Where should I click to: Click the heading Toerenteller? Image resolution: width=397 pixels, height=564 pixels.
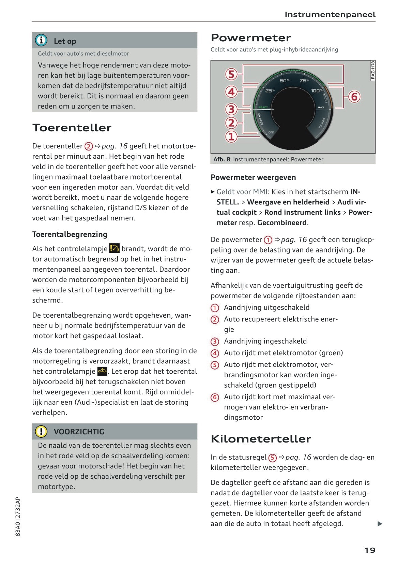(72, 128)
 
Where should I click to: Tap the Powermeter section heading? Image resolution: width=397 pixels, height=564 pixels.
(251, 38)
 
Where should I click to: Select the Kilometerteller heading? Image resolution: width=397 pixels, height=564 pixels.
(261, 438)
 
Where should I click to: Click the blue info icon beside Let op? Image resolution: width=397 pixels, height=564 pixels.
(41, 41)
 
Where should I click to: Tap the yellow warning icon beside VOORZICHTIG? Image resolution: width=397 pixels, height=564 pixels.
(41, 431)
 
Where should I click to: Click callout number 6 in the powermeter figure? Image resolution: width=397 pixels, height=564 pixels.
(354, 97)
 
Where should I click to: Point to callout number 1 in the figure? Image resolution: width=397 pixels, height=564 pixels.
(231, 136)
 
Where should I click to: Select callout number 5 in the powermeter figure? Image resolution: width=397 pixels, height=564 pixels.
(231, 74)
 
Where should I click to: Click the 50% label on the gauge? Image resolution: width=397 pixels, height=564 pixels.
(284, 81)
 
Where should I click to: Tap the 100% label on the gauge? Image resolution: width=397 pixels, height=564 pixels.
(316, 91)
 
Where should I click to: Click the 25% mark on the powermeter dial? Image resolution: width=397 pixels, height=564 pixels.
(270, 91)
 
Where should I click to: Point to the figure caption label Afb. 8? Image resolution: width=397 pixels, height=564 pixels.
(222, 159)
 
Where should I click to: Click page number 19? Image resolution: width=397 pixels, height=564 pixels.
(370, 550)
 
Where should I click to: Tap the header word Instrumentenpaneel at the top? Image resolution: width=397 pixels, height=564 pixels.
(330, 15)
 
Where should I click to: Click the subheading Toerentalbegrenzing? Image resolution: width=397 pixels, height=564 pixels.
(70, 234)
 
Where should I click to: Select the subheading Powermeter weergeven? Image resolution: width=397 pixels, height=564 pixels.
(253, 177)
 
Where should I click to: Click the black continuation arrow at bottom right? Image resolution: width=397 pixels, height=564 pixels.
(380, 524)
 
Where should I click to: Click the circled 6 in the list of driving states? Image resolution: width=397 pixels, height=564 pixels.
(215, 397)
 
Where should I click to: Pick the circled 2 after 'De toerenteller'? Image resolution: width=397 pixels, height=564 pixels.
(89, 146)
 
